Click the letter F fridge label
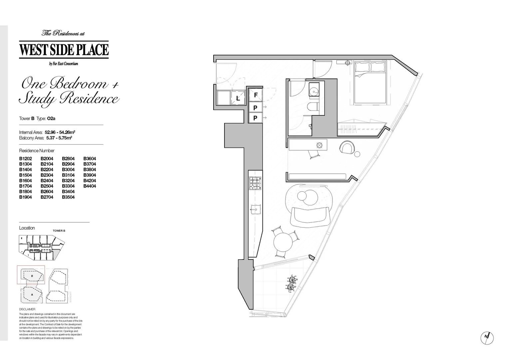[x=255, y=95]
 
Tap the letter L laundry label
[x=238, y=98]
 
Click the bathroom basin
[x=314, y=90]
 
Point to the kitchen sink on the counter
[x=255, y=209]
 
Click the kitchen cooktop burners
[x=255, y=183]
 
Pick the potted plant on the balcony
[x=292, y=283]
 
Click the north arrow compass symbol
[x=487, y=337]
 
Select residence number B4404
[x=90, y=186]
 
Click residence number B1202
[x=26, y=159]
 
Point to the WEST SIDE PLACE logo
[x=64, y=49]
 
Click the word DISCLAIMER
[x=27, y=309]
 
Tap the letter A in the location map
[x=32, y=295]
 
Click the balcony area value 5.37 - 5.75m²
[x=59, y=138]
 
